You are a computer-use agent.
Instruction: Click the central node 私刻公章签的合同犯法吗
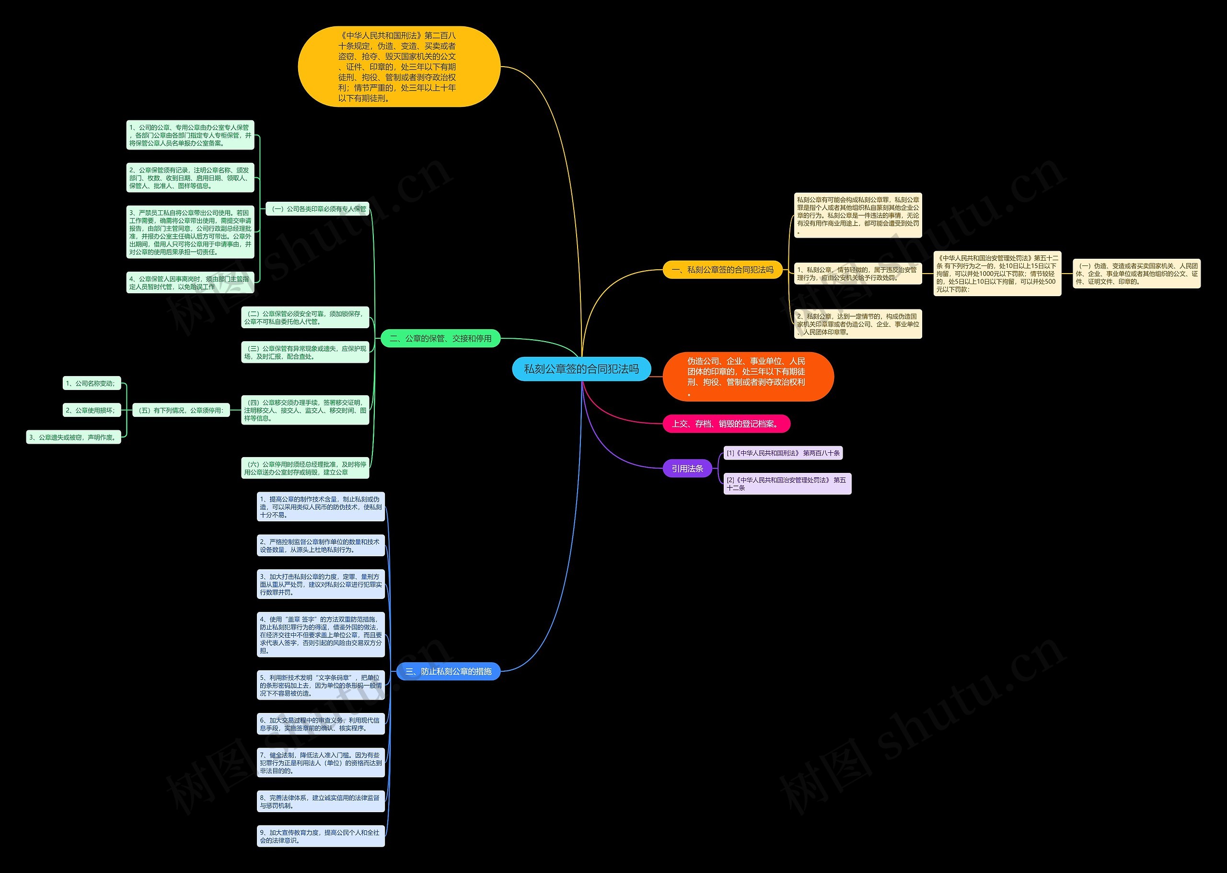point(581,369)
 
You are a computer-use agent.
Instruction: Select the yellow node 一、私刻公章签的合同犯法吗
point(722,270)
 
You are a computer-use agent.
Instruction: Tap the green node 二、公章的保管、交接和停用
point(440,339)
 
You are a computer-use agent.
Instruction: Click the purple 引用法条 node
point(687,469)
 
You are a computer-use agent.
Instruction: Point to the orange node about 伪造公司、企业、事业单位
point(748,377)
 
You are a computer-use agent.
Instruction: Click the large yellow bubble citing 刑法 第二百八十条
point(399,67)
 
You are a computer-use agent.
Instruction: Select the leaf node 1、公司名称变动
point(92,383)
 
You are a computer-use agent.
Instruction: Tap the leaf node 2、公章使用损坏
point(92,410)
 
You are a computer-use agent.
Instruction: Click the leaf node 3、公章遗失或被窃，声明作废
point(74,437)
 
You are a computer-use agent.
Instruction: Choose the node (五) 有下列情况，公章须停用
point(181,410)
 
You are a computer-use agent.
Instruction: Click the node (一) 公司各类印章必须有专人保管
point(318,208)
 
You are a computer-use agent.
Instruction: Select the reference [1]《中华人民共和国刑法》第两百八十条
point(783,453)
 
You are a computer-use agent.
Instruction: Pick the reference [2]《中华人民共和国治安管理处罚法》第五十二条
point(787,484)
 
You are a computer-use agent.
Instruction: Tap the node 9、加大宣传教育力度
point(321,837)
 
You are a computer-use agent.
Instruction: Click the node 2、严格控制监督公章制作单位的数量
point(321,546)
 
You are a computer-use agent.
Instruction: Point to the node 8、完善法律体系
point(321,802)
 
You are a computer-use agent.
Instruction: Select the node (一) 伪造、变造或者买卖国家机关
point(1136,274)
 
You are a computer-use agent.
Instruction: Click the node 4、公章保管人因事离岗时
point(190,283)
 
